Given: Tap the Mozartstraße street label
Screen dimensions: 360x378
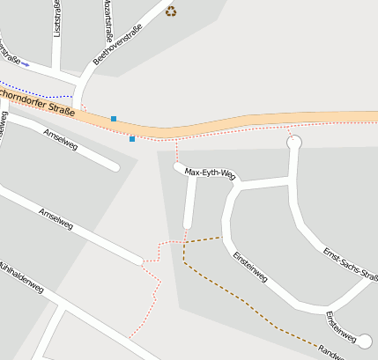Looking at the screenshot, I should pos(108,19).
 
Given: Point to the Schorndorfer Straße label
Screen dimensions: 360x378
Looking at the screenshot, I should pos(37,102).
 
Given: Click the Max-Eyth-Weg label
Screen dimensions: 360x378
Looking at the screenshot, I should pos(211,173).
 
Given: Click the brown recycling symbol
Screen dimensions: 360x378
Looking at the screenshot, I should pos(171,11).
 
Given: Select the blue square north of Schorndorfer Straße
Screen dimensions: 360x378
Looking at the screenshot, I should pos(114,118).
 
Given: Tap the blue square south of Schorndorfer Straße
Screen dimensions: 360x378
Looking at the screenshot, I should pos(132,138).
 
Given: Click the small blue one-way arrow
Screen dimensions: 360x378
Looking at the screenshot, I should pos(25,64).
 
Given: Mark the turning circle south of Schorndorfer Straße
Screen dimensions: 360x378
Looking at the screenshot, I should pos(294,142).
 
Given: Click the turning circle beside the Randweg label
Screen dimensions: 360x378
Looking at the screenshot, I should pos(366,341).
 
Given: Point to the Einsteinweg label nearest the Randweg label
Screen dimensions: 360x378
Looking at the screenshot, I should pos(340,322).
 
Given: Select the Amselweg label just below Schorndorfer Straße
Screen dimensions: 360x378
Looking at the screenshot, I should pos(60,139).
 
